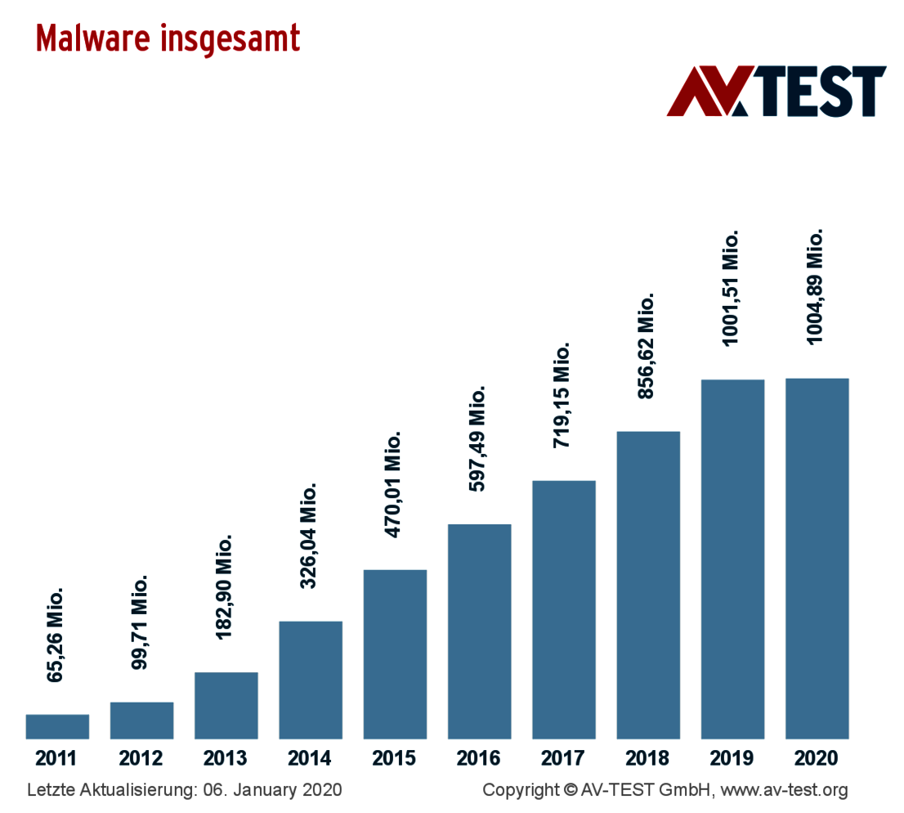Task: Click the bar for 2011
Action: tap(57, 726)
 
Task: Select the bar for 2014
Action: tap(311, 680)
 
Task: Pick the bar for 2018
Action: tap(648, 585)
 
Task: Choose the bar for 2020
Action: tap(817, 559)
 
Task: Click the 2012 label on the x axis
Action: tap(141, 758)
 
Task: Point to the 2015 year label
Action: tap(394, 758)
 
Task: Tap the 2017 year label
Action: tap(563, 758)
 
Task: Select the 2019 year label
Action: tap(732, 758)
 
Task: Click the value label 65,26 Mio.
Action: tap(56, 634)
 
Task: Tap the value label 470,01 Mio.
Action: tap(394, 485)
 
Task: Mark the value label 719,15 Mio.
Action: tap(562, 395)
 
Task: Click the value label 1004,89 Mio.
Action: tap(815, 286)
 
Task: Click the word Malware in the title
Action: tap(92, 38)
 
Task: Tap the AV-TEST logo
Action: tap(776, 91)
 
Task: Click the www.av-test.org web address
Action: tap(784, 791)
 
